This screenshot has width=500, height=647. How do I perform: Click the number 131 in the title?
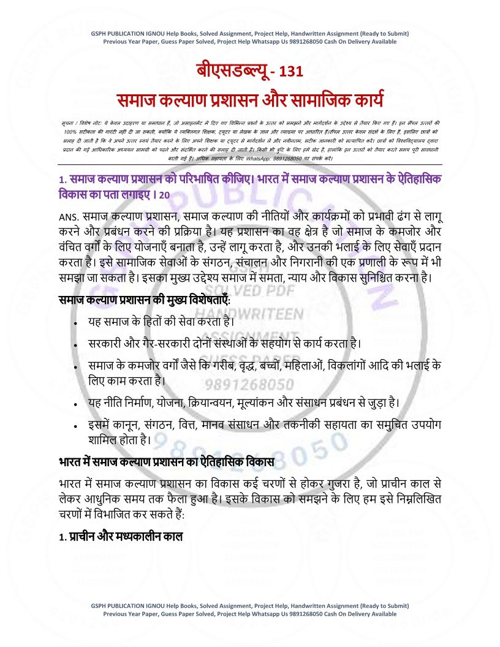(290, 72)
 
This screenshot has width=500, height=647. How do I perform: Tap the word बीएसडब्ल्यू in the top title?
(231, 71)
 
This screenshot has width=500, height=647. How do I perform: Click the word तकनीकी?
(328, 425)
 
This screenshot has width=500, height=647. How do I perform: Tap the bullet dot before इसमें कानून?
(74, 425)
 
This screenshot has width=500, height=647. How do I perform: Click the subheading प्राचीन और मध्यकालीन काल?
(125, 536)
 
